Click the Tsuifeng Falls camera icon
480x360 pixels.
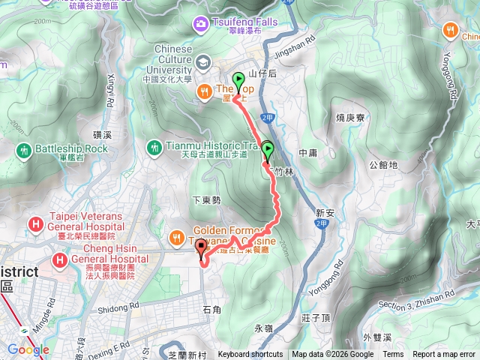[x=201, y=24]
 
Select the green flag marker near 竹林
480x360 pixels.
[x=268, y=148]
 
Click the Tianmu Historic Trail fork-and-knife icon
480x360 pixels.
[x=154, y=147]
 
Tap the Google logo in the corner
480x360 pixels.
[x=28, y=349]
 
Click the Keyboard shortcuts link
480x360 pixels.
[x=250, y=355]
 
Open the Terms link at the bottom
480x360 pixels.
[x=393, y=355]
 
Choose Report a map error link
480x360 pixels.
[x=445, y=355]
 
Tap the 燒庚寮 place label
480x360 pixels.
[x=350, y=118]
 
